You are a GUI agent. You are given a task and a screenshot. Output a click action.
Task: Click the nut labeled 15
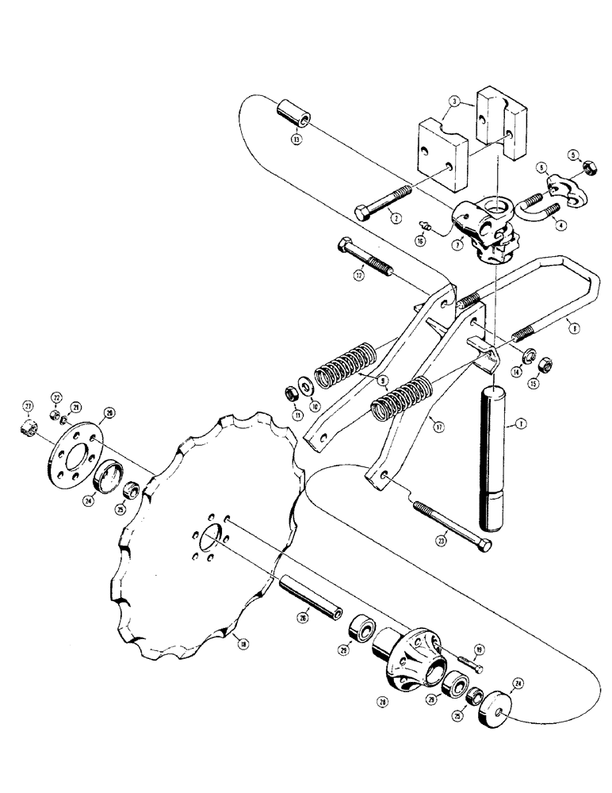[545, 366]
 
